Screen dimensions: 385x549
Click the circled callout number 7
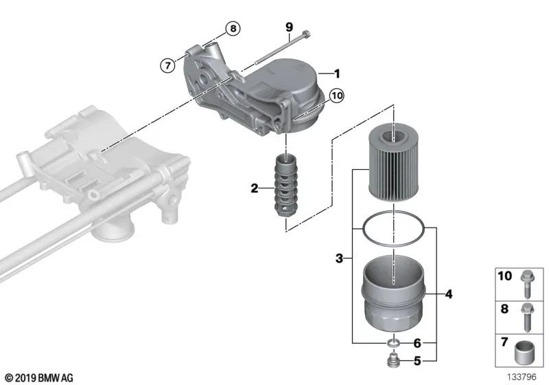tap(165, 66)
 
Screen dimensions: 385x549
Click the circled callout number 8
tap(233, 28)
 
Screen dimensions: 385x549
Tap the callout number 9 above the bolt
tap(289, 27)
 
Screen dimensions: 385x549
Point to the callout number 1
tap(337, 72)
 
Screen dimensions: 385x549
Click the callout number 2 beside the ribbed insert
tap(254, 188)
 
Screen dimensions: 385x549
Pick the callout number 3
tap(339, 258)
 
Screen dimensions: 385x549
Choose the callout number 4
tap(448, 295)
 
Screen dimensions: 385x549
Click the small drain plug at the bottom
tap(394, 359)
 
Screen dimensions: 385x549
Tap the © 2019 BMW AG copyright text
tap(39, 377)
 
